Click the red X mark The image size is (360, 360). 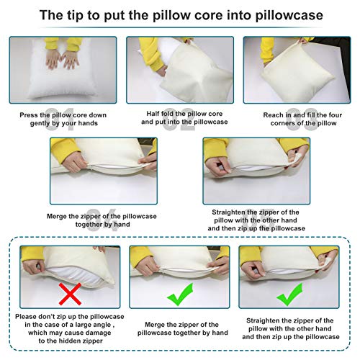(x=70, y=294)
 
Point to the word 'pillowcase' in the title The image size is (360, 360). (x=289, y=15)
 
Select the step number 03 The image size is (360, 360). (x=302, y=119)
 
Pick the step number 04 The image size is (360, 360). (x=103, y=220)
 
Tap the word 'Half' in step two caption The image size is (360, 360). (x=153, y=114)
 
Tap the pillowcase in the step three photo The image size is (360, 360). (x=297, y=73)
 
